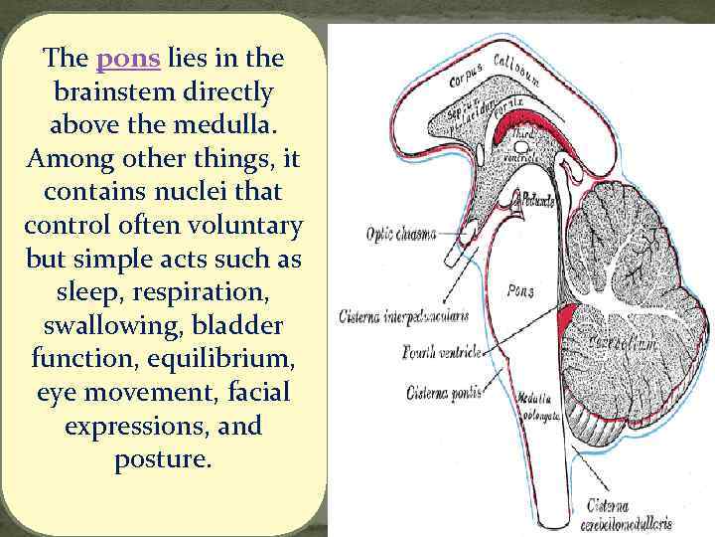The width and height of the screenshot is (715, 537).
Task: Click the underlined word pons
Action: pyautogui.click(x=128, y=59)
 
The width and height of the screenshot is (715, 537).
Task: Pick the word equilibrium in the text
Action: pyautogui.click(x=223, y=357)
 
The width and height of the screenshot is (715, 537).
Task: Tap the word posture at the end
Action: pyautogui.click(x=163, y=458)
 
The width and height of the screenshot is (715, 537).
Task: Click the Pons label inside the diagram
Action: pyautogui.click(x=520, y=291)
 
